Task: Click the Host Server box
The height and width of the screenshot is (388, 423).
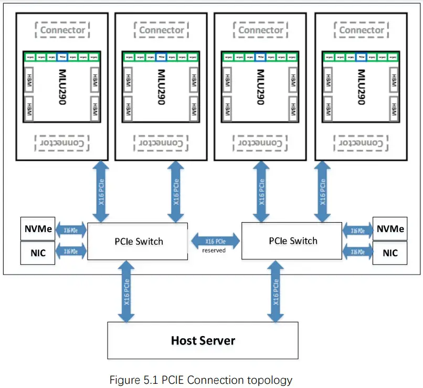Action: coord(203,340)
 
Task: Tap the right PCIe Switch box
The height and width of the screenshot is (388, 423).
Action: coord(292,240)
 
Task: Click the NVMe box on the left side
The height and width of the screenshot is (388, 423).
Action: coord(37,229)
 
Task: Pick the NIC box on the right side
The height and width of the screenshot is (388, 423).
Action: coord(390,253)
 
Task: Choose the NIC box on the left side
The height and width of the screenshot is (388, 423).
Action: coord(37,253)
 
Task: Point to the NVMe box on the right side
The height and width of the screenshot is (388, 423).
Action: coord(390,229)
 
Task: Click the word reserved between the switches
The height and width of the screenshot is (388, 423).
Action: coord(214,250)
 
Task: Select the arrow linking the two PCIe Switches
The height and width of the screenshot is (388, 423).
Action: coord(215,241)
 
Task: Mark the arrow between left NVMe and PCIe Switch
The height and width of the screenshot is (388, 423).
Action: coord(71,229)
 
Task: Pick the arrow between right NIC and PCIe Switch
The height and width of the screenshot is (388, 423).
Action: coord(357,253)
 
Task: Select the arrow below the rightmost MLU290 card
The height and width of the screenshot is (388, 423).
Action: coord(323,191)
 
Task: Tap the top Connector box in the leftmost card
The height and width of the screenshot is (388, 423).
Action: coord(62,30)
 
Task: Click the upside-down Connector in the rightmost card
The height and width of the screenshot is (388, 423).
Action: coord(361,142)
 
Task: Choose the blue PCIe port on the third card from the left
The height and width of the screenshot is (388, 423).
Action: coord(260,57)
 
